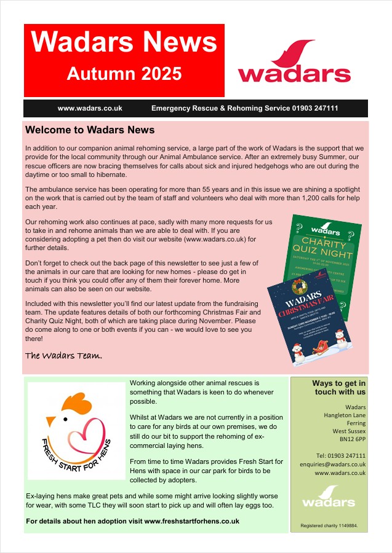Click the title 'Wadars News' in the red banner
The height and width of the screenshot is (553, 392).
pyautogui.click(x=124, y=42)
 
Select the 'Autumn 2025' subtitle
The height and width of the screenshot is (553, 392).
pyautogui.click(x=124, y=74)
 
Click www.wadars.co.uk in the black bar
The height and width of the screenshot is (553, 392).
pyautogui.click(x=90, y=108)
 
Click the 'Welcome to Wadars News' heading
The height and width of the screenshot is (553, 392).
pyautogui.click(x=90, y=130)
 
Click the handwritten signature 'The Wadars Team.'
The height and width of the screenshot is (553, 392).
pyautogui.click(x=63, y=356)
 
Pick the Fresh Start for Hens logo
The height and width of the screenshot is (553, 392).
pyautogui.click(x=77, y=431)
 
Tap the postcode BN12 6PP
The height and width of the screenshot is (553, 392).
pyautogui.click(x=353, y=439)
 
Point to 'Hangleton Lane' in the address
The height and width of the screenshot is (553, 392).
pyautogui.click(x=345, y=415)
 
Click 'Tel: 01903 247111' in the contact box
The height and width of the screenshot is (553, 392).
pyautogui.click(x=341, y=456)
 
